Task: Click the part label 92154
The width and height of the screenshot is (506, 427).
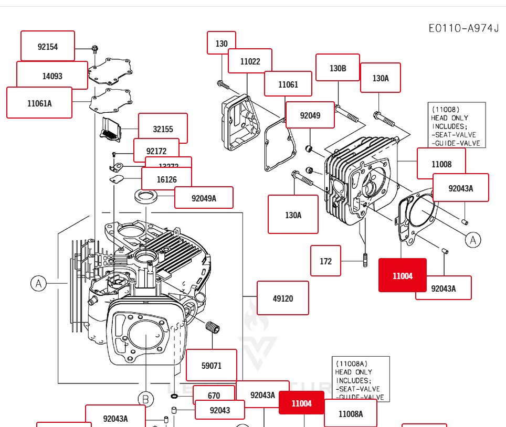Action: coord(48,46)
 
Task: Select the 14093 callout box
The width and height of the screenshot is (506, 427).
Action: coord(52,76)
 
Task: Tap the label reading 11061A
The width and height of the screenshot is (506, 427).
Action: coord(39,103)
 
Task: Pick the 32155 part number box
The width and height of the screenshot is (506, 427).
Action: coord(163,129)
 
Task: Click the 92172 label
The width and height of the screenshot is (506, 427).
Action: coord(156,151)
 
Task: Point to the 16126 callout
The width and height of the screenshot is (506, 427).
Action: coord(166,179)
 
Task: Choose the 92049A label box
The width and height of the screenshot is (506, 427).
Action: coord(204,198)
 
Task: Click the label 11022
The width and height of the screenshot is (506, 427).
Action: coord(250,61)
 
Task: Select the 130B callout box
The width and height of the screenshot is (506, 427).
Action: coord(338,68)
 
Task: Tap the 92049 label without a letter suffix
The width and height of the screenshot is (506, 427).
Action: coord(310,115)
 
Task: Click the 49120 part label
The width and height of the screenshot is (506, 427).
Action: coord(282,298)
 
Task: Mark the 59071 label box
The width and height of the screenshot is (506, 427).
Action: coord(211,365)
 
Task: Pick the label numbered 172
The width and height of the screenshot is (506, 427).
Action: coord(325,261)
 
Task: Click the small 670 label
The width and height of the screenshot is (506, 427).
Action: coord(214,396)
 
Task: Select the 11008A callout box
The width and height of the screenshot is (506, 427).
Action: coord(350,413)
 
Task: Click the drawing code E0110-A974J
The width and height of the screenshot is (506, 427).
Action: coord(463,28)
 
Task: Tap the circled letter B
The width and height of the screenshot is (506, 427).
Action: coord(145,400)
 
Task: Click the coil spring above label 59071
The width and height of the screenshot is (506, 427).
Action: coord(212,328)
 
